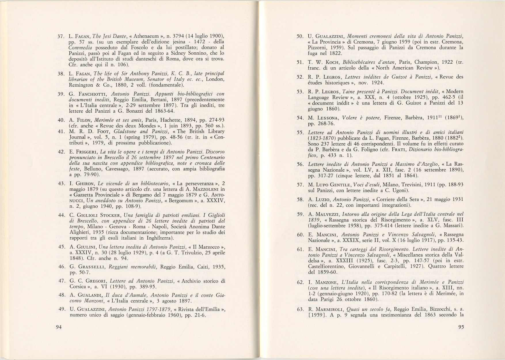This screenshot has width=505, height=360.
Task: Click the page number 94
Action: tap(59, 327)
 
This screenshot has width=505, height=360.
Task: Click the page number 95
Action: tap(460, 327)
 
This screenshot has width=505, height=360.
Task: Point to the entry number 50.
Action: tap(301, 36)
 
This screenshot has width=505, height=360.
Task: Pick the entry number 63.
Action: tap(301, 309)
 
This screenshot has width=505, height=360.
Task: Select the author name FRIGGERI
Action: tap(86, 152)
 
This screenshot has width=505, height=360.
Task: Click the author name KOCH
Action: tap(331, 62)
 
